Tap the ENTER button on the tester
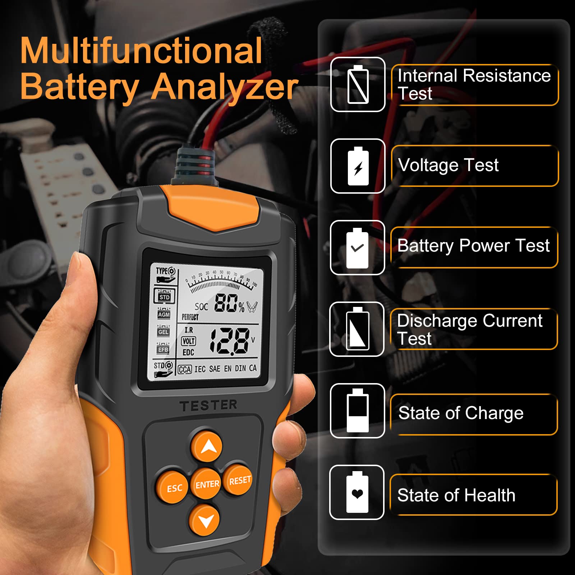pyautogui.click(x=207, y=484)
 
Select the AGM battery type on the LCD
pyautogui.click(x=164, y=314)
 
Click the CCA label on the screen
pyautogui.click(x=185, y=369)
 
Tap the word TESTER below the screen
pyautogui.click(x=208, y=405)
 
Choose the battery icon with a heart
pyautogui.click(x=357, y=492)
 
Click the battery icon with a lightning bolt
pyautogui.click(x=358, y=166)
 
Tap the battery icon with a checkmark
pyautogui.click(x=357, y=248)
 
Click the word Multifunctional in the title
pyautogui.click(x=141, y=51)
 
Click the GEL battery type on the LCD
pyautogui.click(x=163, y=332)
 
